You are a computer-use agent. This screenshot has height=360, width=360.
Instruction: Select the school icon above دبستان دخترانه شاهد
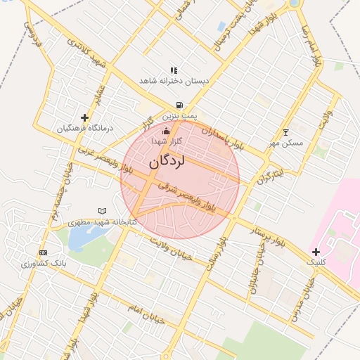point(174,70)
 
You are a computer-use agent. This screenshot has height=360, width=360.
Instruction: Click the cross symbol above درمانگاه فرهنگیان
point(85,117)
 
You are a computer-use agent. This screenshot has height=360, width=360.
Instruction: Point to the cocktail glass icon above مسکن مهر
point(285,132)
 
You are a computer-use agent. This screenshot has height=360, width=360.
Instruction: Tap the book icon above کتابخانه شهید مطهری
point(103,210)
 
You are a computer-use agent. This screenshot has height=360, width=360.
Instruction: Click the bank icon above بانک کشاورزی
point(44,252)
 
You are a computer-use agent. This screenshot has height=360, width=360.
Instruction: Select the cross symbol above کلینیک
point(316,251)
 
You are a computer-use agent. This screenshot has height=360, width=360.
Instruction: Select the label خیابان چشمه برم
point(53,194)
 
